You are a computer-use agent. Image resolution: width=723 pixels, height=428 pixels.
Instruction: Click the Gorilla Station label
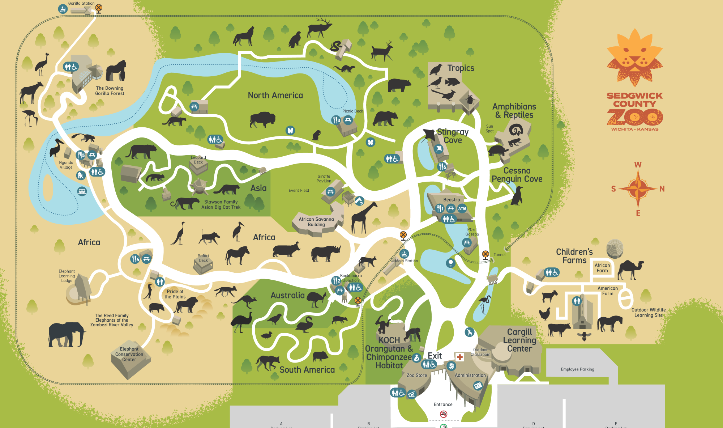(x=81, y=4)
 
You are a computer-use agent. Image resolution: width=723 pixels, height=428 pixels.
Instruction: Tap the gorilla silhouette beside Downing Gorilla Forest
(x=116, y=71)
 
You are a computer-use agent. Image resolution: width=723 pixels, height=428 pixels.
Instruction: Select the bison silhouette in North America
(x=262, y=119)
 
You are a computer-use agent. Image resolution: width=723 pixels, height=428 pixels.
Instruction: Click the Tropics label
(x=461, y=68)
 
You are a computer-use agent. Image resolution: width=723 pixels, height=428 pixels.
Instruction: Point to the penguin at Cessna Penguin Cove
(x=517, y=196)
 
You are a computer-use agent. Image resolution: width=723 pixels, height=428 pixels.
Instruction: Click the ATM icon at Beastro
(x=462, y=208)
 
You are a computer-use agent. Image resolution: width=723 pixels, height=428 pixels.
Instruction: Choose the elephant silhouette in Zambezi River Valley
(x=67, y=334)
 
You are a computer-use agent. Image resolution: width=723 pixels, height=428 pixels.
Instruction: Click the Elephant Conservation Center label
(x=129, y=354)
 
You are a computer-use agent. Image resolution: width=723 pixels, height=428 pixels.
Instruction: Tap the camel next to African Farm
(x=630, y=269)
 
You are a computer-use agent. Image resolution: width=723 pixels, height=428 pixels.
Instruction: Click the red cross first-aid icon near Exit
(x=459, y=357)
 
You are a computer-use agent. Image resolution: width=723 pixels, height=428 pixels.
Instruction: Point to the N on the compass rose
(x=662, y=189)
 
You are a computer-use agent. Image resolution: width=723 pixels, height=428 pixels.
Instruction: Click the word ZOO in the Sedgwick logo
(x=634, y=117)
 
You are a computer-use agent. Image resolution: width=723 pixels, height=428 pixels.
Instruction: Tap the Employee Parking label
(x=577, y=369)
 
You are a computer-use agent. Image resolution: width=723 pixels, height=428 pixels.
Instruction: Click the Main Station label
(x=406, y=261)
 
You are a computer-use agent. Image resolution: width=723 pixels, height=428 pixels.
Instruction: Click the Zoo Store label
(x=417, y=376)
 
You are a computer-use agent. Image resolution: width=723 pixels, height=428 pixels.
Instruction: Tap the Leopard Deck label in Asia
(x=198, y=160)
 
